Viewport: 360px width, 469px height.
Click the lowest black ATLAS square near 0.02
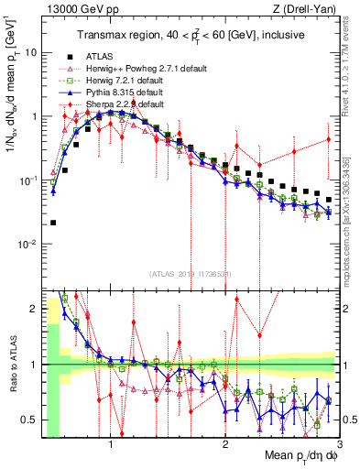point(53,223)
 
